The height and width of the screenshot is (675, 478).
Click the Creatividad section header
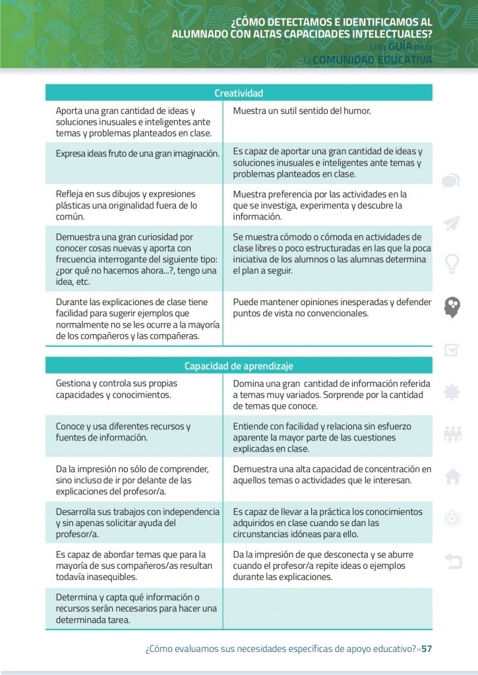point(239,93)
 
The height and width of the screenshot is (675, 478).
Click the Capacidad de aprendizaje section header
point(239,366)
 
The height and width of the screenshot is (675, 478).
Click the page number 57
point(427,649)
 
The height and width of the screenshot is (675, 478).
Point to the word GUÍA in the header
point(400,47)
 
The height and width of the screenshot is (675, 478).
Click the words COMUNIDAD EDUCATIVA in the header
point(373,60)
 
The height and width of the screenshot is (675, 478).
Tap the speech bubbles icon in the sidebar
point(452,181)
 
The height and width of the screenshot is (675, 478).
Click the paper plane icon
point(452,223)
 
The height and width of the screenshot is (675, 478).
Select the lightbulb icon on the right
point(452,264)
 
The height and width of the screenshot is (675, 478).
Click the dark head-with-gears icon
point(452,307)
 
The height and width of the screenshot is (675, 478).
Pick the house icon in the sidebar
point(452,477)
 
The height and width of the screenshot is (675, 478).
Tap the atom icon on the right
point(452,519)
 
